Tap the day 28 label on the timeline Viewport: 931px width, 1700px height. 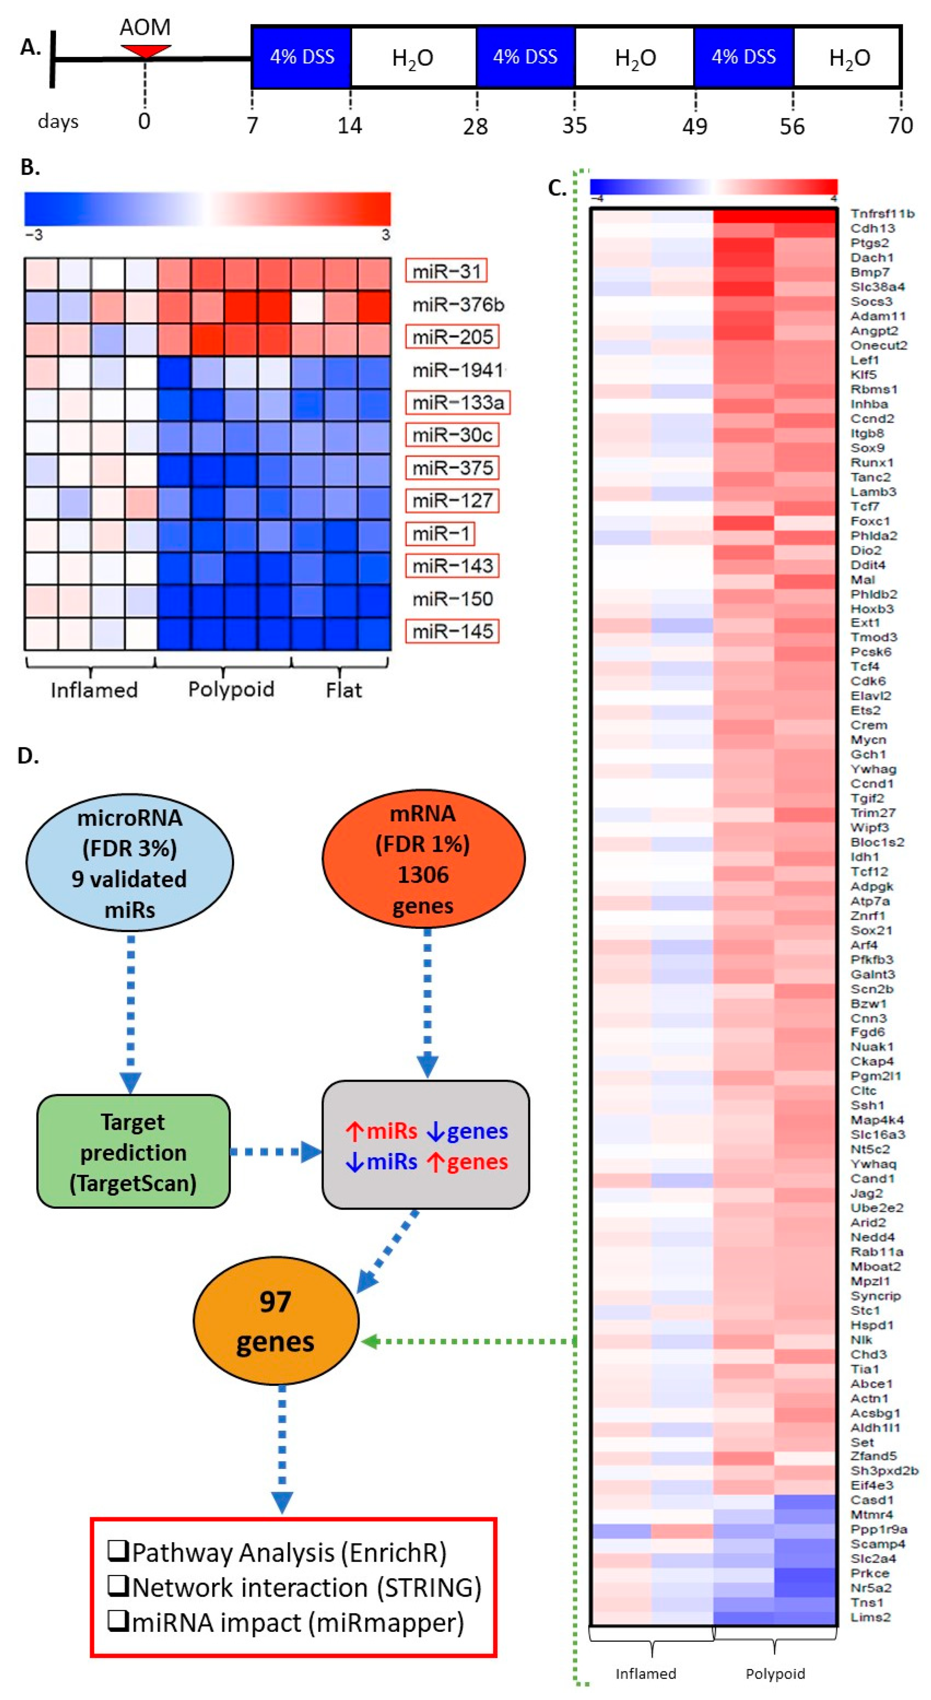coord(475,126)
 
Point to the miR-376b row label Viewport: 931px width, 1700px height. coord(458,304)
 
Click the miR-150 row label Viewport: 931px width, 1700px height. coord(453,598)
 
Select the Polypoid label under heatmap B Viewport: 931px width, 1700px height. coord(231,689)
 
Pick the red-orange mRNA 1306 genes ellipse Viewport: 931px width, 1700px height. coord(423,859)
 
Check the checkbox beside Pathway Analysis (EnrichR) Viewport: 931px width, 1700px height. coord(117,1552)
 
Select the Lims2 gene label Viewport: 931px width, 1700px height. coord(870,1617)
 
